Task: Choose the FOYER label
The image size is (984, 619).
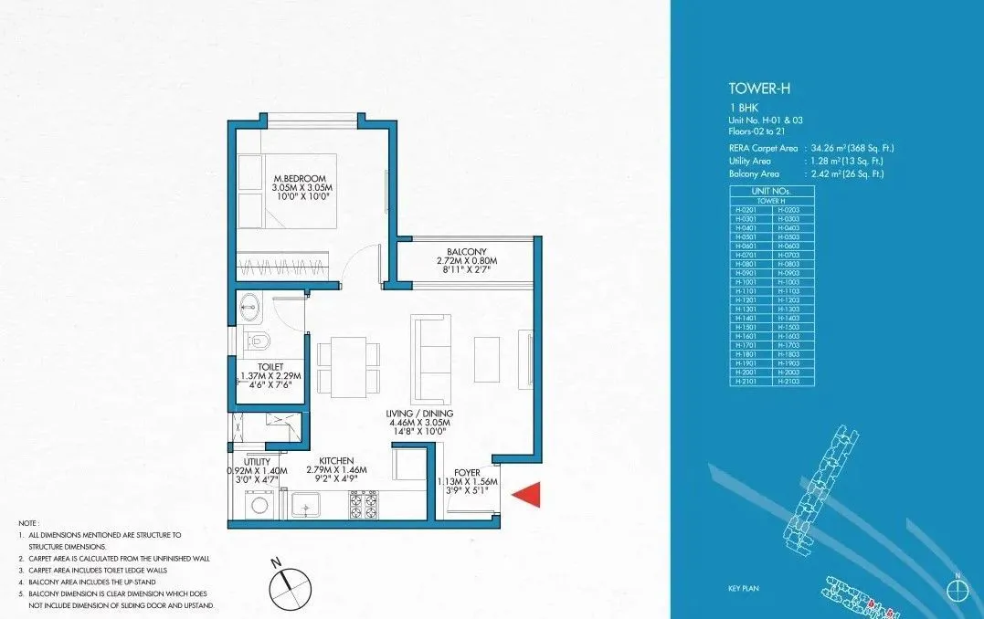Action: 467,473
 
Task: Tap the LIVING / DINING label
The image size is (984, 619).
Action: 420,414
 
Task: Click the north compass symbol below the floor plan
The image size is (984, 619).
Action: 285,576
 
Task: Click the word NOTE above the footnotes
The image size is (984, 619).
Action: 29,522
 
